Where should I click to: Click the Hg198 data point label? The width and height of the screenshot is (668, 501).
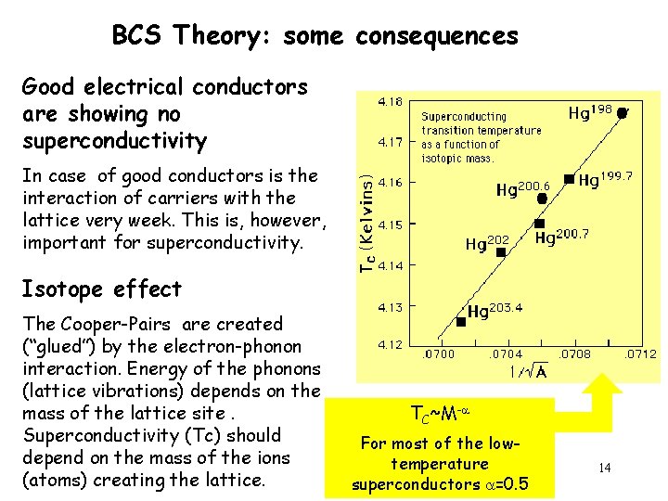590,113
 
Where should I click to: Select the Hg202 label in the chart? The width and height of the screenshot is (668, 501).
487,245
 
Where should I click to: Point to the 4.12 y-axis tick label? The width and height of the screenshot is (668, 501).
388,344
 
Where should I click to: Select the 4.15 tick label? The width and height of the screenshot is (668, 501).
388,224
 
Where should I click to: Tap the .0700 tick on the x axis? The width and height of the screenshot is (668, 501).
440,353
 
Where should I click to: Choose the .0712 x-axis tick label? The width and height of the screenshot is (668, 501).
639,353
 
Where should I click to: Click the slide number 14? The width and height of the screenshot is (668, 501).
604,468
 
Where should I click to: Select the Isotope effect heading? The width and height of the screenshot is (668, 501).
102,289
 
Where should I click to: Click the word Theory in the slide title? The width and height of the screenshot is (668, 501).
223,36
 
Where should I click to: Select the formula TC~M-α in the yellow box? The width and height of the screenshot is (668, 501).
439,414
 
